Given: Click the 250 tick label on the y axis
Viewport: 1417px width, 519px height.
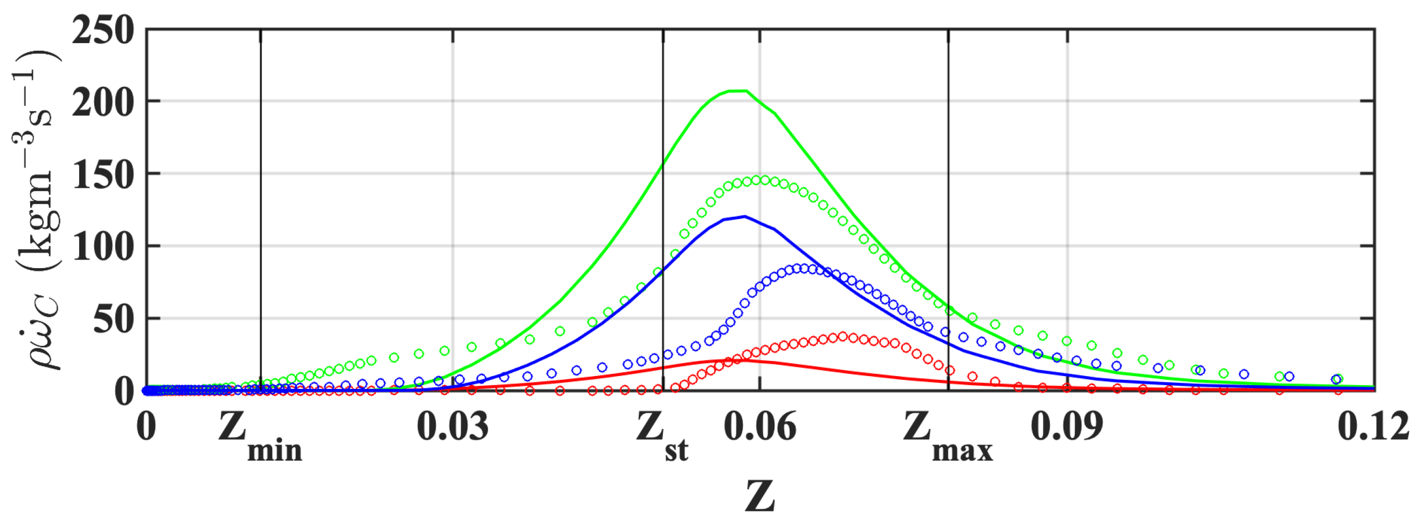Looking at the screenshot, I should pos(103,30).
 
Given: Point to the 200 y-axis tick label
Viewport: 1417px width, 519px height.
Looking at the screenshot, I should pos(103,103).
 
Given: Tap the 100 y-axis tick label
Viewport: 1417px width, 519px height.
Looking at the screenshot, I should pos(103,247).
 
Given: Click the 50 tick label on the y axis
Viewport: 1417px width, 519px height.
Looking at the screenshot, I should pos(114,320).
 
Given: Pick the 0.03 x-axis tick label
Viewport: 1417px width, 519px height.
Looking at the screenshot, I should pos(452,427).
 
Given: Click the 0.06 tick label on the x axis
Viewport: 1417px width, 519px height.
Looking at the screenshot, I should pos(759,427).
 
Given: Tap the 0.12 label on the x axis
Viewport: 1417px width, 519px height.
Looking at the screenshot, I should pos(1373,427).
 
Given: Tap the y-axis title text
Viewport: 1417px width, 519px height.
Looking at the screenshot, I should pos(36,209).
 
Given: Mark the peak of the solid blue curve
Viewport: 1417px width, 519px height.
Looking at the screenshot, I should pos(745,216).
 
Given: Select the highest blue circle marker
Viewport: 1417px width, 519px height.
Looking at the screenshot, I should pos(804,268).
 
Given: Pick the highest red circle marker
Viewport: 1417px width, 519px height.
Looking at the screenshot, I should pos(842,336).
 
